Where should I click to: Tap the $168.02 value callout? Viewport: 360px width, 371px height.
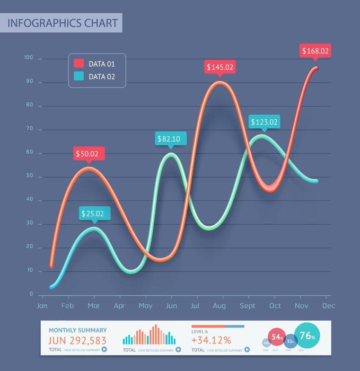point(315,51)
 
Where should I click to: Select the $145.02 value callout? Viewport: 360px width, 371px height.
point(219,67)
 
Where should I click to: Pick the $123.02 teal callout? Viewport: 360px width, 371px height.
point(264,122)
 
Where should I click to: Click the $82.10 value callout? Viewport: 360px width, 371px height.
point(169,139)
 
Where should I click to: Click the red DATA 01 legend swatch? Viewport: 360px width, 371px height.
point(78,64)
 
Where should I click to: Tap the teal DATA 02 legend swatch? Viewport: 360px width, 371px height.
point(78,76)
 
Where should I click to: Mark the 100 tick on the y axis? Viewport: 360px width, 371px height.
point(28,57)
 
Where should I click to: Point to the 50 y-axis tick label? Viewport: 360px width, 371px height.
point(29,175)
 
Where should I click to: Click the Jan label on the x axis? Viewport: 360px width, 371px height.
point(42,306)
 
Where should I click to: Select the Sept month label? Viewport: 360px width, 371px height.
point(248,306)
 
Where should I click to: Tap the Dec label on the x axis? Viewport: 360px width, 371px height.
point(328,306)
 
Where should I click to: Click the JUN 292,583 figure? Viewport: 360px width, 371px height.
point(77,340)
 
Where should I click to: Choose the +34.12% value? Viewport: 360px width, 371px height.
point(211,340)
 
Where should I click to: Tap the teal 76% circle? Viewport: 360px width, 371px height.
point(307,336)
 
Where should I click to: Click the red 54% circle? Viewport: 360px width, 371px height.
point(277,337)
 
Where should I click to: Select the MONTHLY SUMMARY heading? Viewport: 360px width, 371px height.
point(77,330)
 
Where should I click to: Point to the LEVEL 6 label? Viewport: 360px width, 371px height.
point(200,331)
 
